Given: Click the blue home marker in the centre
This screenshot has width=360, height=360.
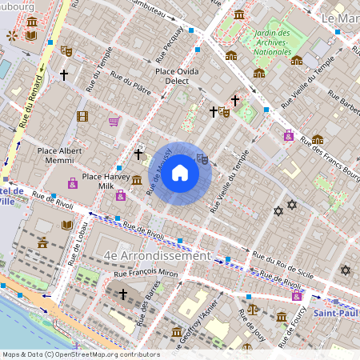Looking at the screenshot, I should pyautogui.click(x=180, y=174).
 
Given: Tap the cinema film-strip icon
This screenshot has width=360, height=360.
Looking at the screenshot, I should pyautogui.click(x=82, y=116).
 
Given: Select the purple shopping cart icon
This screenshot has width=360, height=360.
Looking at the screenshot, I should pyautogui.click(x=114, y=122).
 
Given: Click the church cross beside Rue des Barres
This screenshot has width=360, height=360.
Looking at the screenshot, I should pyautogui.click(x=122, y=294).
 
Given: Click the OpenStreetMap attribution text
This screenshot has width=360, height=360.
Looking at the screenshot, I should pyautogui.click(x=80, y=354).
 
